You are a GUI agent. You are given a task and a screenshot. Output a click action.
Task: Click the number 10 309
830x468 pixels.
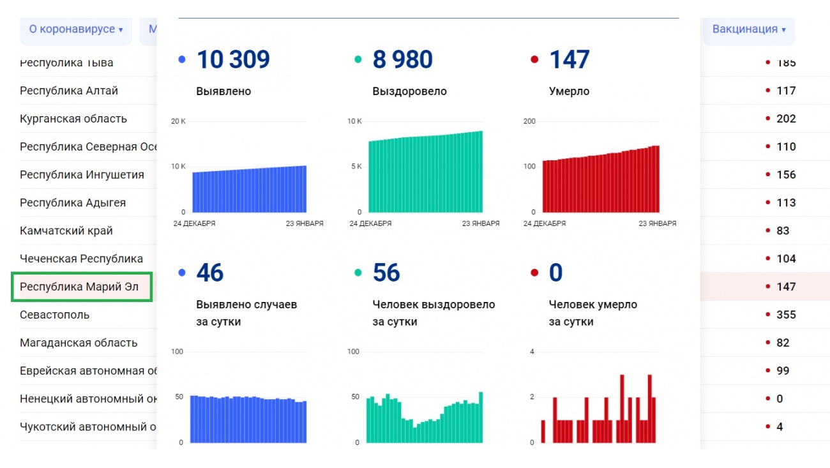233,60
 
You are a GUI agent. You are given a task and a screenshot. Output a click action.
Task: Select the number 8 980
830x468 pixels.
402,60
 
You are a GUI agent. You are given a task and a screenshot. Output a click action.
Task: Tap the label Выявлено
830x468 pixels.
223,91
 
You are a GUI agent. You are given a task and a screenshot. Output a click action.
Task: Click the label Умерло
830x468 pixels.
569,91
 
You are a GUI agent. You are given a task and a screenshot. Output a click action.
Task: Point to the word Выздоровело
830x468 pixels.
409,91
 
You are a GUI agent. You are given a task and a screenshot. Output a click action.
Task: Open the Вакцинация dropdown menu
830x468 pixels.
748,29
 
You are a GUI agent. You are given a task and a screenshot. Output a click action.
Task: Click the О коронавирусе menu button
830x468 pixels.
75,29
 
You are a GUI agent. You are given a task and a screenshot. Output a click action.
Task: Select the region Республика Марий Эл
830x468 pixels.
79,287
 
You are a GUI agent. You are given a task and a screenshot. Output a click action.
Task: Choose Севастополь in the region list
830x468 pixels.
55,315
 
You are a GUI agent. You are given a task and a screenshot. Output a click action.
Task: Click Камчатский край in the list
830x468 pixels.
66,230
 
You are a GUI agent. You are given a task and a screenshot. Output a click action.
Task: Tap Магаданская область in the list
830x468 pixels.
79,343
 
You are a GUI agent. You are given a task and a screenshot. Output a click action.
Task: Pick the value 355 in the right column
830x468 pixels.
786,315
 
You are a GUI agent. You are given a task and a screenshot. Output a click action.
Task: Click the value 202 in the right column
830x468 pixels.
786,119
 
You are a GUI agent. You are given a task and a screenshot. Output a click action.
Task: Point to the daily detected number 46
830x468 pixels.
210,273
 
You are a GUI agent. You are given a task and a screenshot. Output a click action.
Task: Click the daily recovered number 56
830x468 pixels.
386,273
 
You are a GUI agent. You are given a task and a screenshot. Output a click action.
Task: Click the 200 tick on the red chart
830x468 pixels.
529,121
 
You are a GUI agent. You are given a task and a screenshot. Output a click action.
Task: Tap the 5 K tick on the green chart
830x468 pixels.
356,167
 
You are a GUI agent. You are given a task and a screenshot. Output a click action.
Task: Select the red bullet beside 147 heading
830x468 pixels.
534,60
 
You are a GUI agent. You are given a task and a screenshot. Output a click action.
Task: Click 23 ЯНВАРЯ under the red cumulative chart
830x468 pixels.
657,223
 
